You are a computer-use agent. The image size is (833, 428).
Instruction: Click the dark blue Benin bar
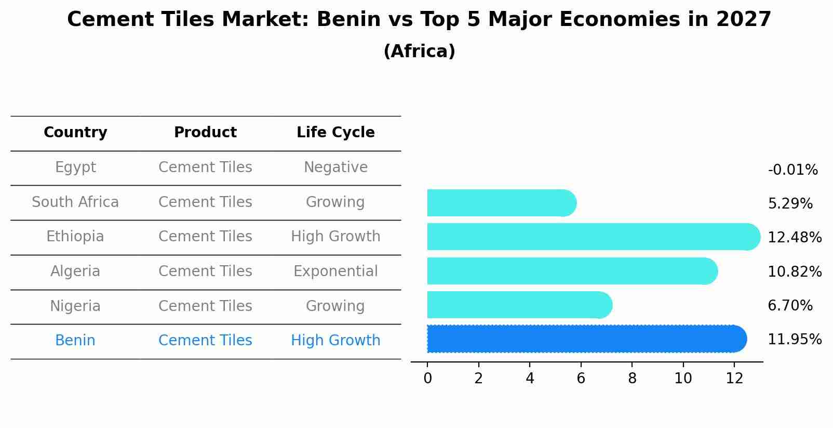pos(586,339)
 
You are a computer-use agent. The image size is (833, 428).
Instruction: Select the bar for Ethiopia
pos(593,237)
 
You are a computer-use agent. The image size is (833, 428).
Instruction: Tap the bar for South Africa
pos(501,203)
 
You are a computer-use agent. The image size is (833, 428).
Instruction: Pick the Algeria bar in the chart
pos(572,271)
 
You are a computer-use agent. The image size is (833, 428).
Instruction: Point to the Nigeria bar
pos(519,305)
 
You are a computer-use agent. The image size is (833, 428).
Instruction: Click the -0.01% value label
pos(792,170)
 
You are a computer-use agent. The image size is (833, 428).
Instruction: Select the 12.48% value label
pos(795,238)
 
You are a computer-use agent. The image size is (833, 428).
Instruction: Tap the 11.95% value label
pos(795,340)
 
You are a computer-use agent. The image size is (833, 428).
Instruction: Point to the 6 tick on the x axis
pos(581,379)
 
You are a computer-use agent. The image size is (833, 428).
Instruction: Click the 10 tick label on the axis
pos(683,379)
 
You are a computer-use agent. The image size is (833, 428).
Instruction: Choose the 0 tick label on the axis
pos(427,379)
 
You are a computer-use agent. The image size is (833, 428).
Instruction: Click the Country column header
pos(75,133)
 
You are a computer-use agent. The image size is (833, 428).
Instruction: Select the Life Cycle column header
pos(335,133)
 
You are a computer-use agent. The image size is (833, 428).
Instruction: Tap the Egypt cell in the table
pos(75,167)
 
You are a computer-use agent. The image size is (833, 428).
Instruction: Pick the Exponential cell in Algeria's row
pos(335,271)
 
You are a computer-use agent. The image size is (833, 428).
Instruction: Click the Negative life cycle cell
pos(335,167)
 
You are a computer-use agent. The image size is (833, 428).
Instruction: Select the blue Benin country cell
pos(75,341)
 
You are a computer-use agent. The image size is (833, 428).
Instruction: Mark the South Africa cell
pos(75,202)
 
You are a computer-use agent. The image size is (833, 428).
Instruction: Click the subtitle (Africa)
pos(419,51)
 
